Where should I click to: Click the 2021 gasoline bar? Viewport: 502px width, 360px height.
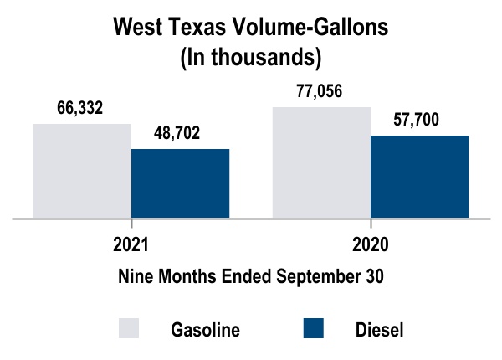point(82,171)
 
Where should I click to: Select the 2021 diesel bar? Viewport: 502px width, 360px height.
point(180,183)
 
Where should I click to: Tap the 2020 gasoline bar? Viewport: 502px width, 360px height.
point(321,162)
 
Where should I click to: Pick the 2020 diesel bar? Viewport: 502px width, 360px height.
point(419,177)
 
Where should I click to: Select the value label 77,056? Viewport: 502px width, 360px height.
point(320,91)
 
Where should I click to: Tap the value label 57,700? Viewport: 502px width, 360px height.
point(417,119)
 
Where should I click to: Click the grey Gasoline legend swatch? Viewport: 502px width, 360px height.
point(128,328)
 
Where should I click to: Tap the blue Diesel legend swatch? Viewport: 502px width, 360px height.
point(311,328)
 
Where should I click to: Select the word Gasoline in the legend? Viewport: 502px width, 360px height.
point(205,329)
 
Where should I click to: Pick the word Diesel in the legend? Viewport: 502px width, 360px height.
point(380,329)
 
